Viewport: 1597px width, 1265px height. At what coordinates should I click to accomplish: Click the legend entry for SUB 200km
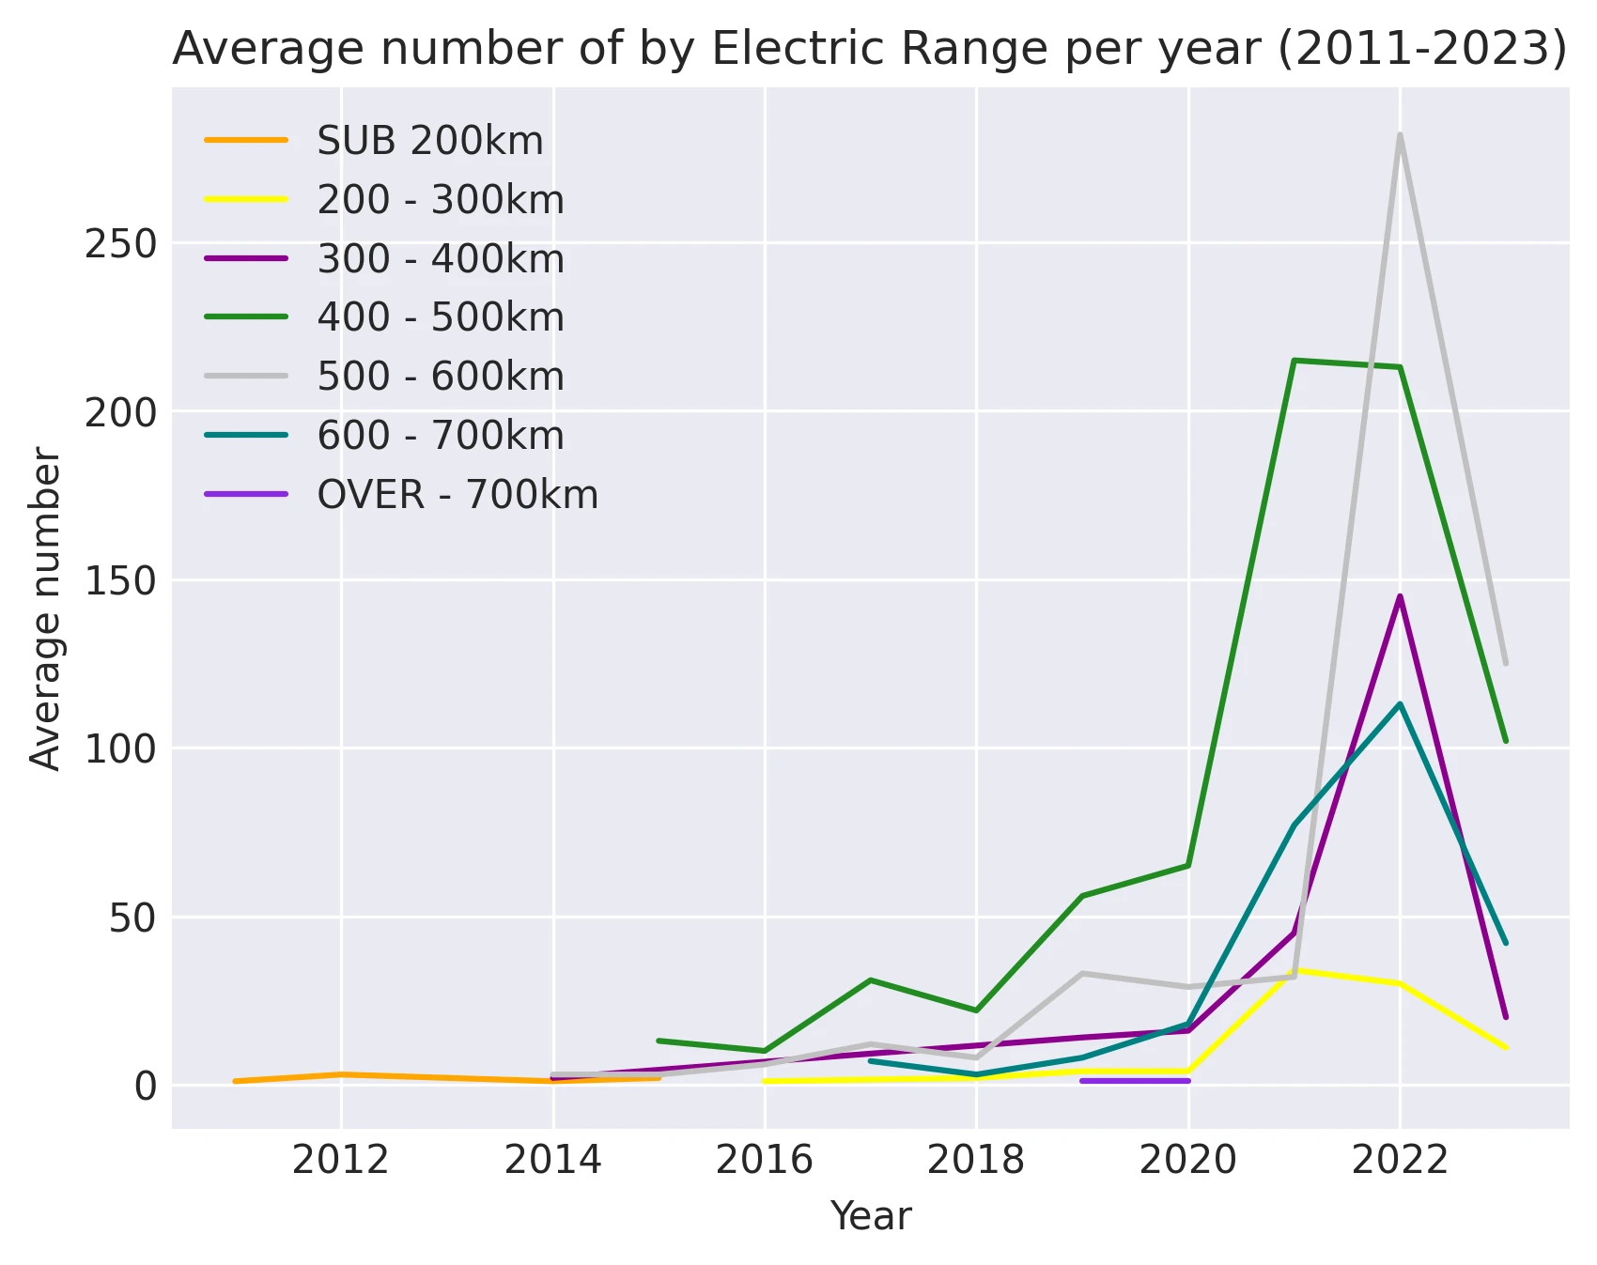click(x=429, y=141)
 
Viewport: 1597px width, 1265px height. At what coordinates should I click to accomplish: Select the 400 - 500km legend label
click(x=440, y=317)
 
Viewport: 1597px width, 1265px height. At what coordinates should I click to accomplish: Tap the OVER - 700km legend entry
click(x=457, y=495)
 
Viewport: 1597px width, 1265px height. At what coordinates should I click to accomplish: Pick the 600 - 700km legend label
click(x=440, y=436)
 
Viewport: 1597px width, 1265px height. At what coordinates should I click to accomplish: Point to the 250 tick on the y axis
click(x=120, y=243)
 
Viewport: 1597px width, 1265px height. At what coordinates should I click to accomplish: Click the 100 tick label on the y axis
click(x=120, y=748)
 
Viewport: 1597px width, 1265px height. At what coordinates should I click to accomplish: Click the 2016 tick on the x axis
click(x=764, y=1160)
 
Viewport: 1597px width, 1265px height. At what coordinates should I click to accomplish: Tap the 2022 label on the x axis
click(x=1400, y=1160)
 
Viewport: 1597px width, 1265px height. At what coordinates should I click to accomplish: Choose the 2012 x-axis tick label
click(x=340, y=1160)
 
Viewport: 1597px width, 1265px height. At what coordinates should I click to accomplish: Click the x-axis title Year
click(x=870, y=1216)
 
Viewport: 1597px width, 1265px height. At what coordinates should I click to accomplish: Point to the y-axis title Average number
click(x=45, y=609)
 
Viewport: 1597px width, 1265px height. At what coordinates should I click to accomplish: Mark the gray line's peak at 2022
click(x=1400, y=135)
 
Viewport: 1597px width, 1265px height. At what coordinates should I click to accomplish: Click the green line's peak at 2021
click(x=1295, y=360)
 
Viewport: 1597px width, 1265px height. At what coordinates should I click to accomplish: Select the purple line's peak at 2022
click(x=1400, y=596)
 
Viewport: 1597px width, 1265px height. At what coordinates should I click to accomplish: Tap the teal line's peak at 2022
click(x=1400, y=703)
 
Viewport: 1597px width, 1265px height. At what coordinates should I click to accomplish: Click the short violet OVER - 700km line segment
click(x=1135, y=1081)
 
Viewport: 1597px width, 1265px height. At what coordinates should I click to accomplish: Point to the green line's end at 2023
click(x=1505, y=741)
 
